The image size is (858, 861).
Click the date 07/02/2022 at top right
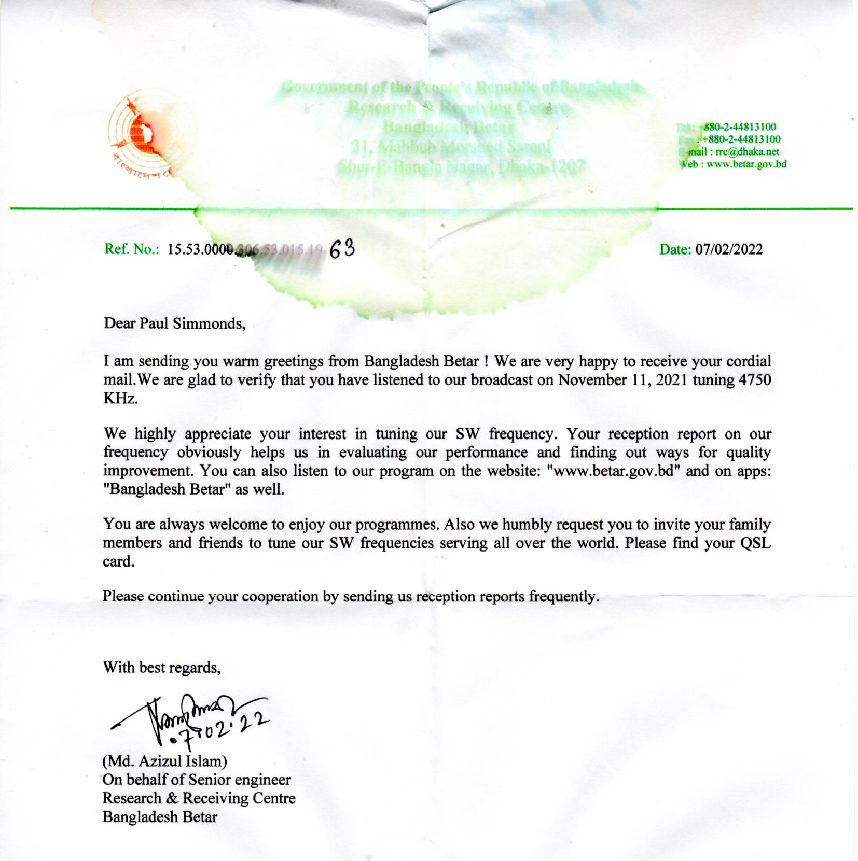tap(729, 249)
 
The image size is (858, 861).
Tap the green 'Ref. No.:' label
tap(131, 249)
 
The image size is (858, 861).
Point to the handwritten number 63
tap(342, 249)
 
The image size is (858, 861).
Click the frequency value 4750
tap(755, 380)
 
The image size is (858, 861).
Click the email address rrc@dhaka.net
tap(747, 152)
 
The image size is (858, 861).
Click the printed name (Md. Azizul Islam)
tap(165, 761)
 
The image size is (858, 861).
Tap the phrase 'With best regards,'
tap(162, 667)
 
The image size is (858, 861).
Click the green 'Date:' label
tap(675, 249)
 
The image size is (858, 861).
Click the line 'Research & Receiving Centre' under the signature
tap(199, 798)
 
